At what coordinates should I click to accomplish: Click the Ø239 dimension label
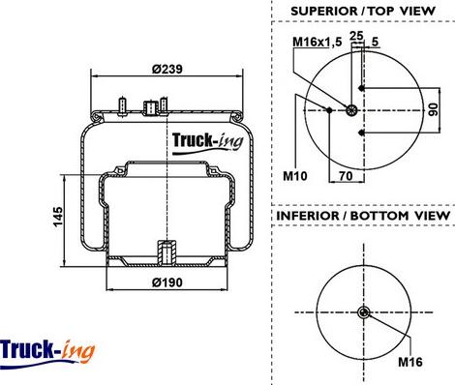point(167,69)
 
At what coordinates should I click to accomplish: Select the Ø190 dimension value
point(167,282)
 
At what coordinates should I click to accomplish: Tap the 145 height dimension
point(58,217)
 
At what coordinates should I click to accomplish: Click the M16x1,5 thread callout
point(317,42)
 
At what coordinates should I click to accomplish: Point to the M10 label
point(295,176)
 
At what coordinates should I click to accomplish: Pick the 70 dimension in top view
point(346,176)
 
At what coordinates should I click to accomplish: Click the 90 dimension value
point(434,109)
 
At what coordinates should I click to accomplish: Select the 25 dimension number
point(356,35)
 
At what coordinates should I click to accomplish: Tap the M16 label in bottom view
point(410,362)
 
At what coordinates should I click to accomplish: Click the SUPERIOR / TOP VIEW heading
point(363,11)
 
